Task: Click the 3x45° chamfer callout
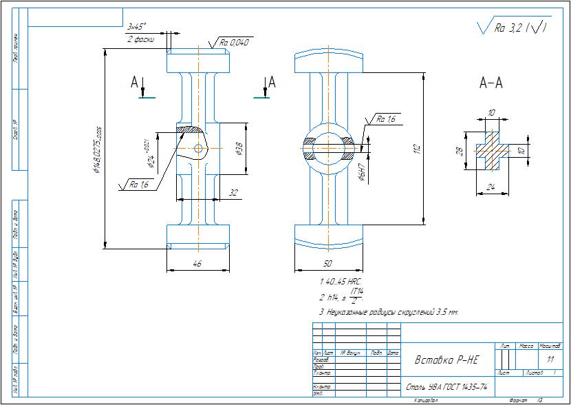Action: pos(138,27)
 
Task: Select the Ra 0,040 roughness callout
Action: pos(235,43)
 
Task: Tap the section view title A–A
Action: pos(491,83)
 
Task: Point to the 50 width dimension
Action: pos(327,264)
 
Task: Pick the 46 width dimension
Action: pos(198,264)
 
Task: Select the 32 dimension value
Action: pos(233,194)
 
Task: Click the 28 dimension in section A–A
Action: pos(460,151)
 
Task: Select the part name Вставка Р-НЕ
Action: pos(446,360)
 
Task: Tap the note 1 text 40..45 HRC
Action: pos(341,282)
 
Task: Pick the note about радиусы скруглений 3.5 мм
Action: pos(389,312)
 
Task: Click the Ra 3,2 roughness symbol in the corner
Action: pos(513,28)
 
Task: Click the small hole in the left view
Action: pos(199,148)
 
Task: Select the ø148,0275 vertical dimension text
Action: pos(98,145)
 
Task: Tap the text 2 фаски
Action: pos(140,39)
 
